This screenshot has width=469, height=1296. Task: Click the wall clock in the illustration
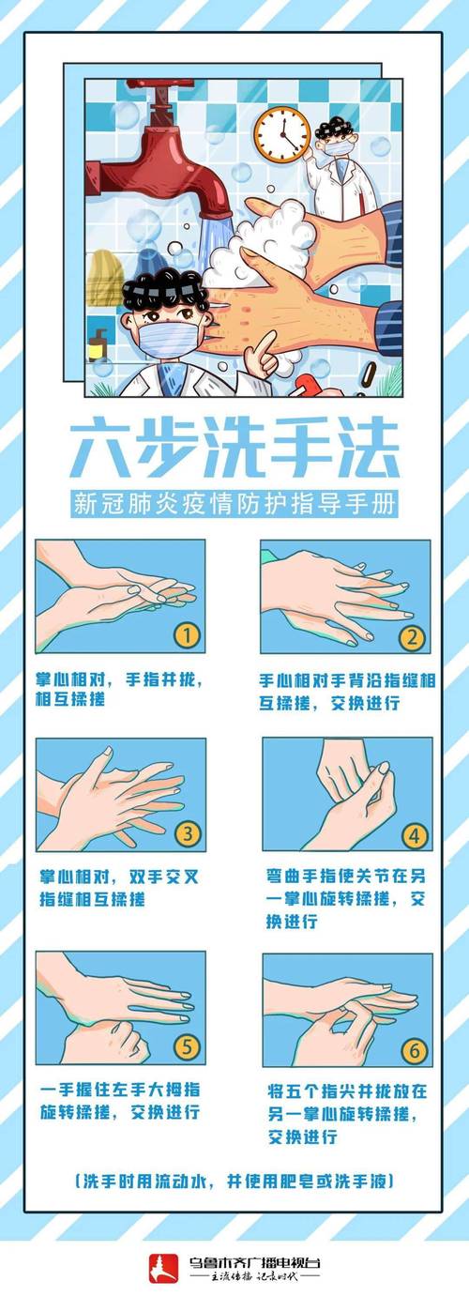point(281,133)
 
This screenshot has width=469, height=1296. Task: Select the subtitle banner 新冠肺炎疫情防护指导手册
point(234,503)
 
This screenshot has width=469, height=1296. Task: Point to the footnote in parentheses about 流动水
point(234,1181)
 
